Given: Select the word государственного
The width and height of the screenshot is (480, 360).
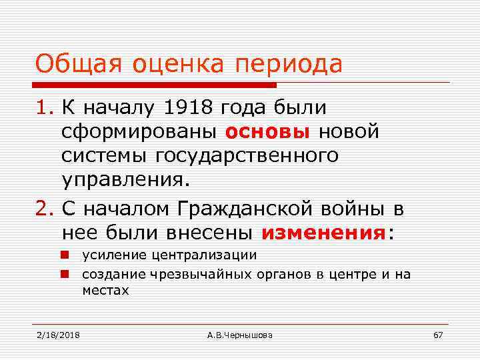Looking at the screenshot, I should tap(247, 155).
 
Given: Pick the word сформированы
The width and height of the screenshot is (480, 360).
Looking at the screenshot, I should tap(139, 131).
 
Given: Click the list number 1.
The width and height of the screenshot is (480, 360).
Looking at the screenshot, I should tap(43, 107).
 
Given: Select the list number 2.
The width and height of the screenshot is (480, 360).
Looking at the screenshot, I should tap(44, 209).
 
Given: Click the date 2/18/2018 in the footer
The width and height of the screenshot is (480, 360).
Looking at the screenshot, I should tap(57, 334).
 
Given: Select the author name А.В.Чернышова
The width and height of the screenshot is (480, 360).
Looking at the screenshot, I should tap(239, 334).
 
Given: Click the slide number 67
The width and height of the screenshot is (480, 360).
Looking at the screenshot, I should tap(437, 334).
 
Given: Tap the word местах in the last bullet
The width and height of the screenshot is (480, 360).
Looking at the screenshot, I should tap(105, 291).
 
